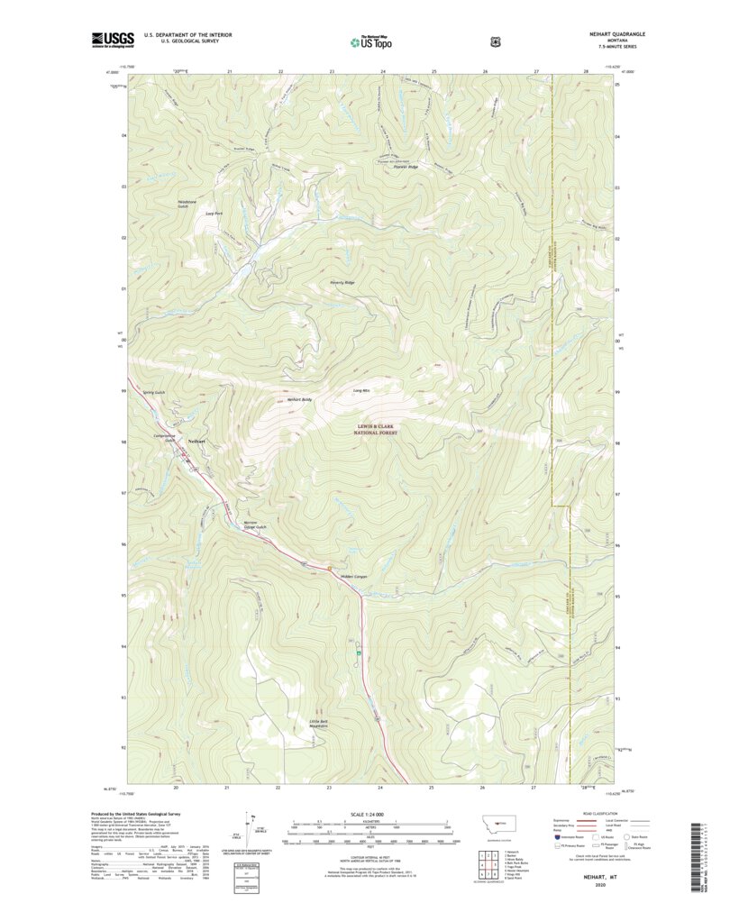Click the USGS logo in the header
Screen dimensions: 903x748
[113, 39]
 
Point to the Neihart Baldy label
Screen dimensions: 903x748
[299, 398]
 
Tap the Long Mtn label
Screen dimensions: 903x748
[361, 390]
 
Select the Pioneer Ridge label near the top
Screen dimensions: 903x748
[406, 168]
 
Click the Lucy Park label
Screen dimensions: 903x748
[214, 214]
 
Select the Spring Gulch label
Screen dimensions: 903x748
[153, 392]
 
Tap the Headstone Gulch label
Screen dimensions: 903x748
[188, 204]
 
